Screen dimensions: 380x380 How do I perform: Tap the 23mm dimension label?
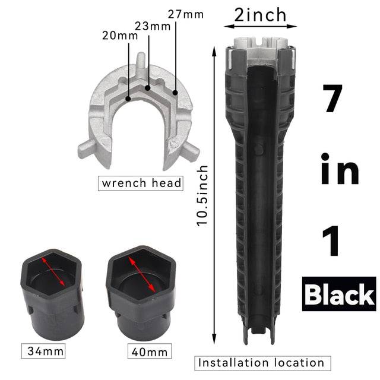[x=150, y=27]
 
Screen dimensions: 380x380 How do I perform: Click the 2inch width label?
[x=260, y=14]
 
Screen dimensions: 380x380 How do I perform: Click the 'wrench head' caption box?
[x=140, y=183]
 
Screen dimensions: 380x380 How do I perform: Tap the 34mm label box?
[x=43, y=351]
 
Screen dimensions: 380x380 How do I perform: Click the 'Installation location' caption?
[x=261, y=363]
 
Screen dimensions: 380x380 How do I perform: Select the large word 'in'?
[x=340, y=170]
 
